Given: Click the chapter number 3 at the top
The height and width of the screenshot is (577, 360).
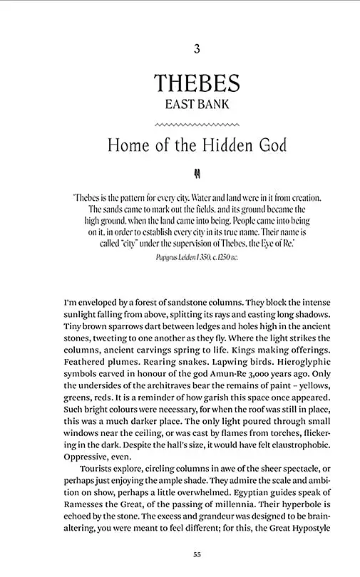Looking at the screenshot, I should (197, 49).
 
